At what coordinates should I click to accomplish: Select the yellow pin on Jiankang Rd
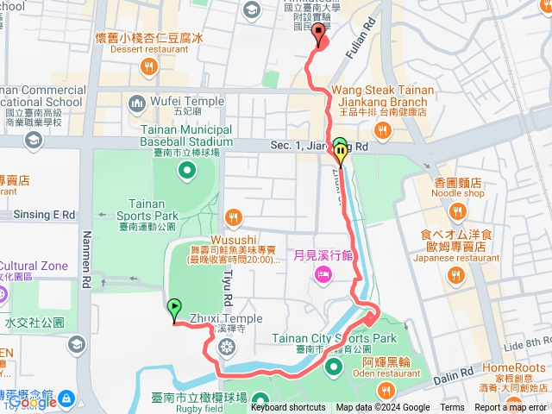[342, 154]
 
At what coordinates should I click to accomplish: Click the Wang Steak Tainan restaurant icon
[380, 132]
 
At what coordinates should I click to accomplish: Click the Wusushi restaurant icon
[231, 216]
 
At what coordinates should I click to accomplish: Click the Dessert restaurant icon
[149, 65]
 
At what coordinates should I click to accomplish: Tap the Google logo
[33, 402]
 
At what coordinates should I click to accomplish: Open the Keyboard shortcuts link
[288, 408]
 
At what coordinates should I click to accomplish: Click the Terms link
[452, 408]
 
